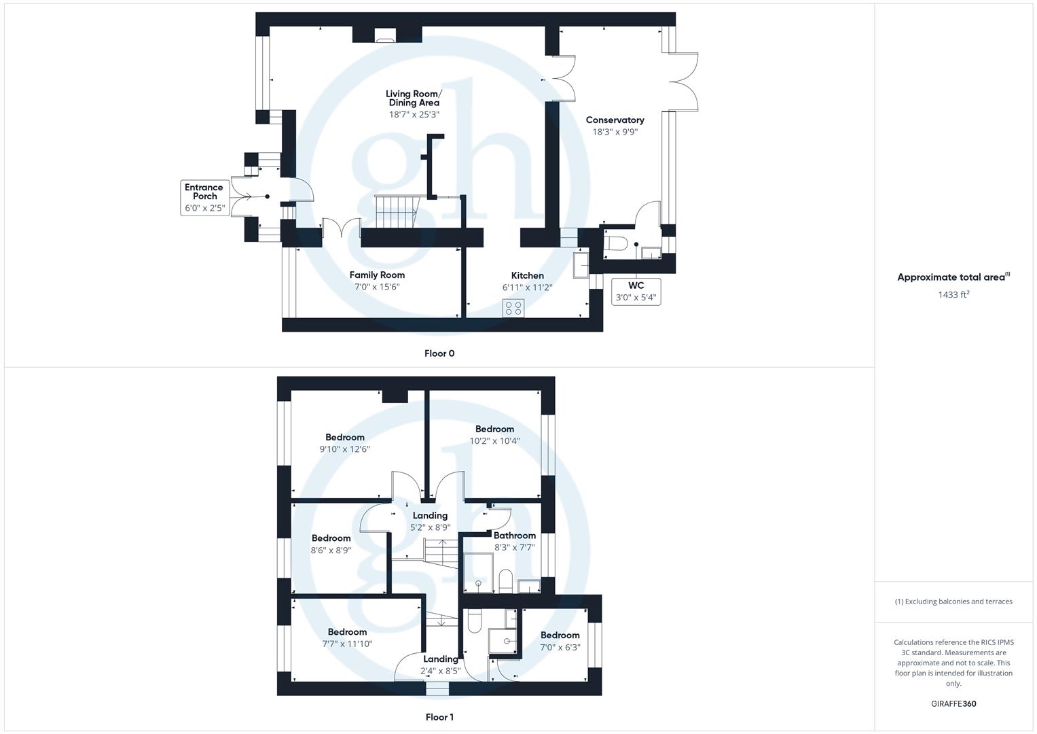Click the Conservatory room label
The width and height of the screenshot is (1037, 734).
click(x=615, y=120)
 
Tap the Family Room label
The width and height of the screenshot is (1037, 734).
click(x=377, y=275)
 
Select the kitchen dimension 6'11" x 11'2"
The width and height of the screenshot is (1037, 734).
click(x=527, y=287)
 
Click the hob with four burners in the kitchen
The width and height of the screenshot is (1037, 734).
click(x=513, y=308)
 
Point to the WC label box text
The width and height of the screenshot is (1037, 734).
click(x=636, y=285)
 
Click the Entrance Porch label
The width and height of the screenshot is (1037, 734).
click(x=204, y=192)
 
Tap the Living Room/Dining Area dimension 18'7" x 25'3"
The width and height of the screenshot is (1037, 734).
click(x=414, y=115)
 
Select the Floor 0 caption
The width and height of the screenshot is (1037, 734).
click(x=439, y=353)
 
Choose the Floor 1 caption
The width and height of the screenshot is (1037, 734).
click(x=439, y=717)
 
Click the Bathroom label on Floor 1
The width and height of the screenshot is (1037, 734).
click(x=514, y=536)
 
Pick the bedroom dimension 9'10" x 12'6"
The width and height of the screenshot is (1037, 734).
click(x=344, y=449)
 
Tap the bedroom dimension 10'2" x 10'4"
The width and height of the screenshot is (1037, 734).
click(x=494, y=441)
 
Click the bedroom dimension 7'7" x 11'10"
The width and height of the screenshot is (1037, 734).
click(x=347, y=644)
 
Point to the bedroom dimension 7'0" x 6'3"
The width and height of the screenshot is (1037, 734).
click(x=560, y=647)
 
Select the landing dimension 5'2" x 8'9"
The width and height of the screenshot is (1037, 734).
click(x=430, y=527)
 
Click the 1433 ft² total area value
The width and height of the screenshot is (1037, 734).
click(x=953, y=294)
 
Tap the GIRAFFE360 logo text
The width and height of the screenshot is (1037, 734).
click(x=953, y=704)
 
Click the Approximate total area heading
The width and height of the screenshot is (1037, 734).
click(x=953, y=277)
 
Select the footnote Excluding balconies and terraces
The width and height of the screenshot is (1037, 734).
click(x=953, y=601)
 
